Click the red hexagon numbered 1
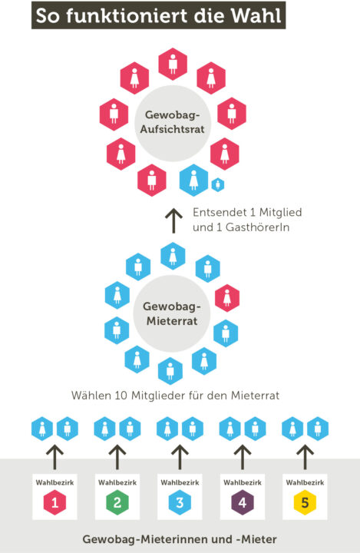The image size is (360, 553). click(x=54, y=502)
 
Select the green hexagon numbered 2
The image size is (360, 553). click(x=117, y=502)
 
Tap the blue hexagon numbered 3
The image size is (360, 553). click(x=180, y=502)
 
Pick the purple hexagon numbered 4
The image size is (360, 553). click(x=243, y=502)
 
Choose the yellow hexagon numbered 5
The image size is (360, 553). click(x=305, y=502)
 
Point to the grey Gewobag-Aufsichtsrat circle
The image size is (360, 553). click(x=173, y=123)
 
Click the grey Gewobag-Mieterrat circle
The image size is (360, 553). click(x=172, y=313)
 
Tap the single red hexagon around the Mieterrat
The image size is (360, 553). click(x=227, y=298)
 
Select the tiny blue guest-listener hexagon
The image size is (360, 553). click(x=218, y=184)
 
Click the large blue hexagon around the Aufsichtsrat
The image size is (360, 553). click(x=193, y=180)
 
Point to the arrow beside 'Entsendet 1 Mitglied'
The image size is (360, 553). click(x=173, y=220)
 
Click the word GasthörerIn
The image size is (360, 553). click(x=257, y=227)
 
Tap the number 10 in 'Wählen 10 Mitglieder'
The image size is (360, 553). click(x=121, y=396)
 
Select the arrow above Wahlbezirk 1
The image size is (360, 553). click(x=55, y=457)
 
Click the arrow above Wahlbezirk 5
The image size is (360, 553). click(x=306, y=457)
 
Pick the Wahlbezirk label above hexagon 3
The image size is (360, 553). click(x=180, y=482)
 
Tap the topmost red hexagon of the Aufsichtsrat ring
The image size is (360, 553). click(x=173, y=64)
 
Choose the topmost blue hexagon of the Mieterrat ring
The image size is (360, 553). click(x=173, y=256)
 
